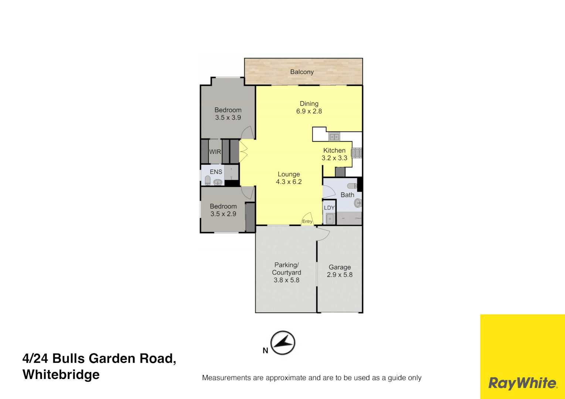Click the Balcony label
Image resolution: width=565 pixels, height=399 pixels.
tap(302, 72)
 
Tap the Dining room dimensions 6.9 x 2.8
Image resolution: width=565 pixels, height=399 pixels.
tap(309, 111)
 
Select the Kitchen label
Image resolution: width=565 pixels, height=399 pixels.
tap(334, 150)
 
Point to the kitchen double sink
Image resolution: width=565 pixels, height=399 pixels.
tap(334, 137)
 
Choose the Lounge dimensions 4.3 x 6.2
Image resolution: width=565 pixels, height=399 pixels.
tap(289, 182)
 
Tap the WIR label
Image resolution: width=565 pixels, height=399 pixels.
tap(215, 152)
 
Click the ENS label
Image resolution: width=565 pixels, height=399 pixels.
tap(216, 172)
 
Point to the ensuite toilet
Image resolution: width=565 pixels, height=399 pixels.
tap(208, 181)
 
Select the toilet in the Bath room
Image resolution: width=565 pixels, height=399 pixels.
tap(352, 186)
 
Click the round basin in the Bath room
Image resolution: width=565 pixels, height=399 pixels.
tap(358, 203)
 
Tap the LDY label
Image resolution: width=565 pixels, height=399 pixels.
tap(329, 208)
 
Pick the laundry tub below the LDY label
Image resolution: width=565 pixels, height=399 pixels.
tap(330, 219)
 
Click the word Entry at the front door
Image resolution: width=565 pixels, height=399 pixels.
tap(307, 222)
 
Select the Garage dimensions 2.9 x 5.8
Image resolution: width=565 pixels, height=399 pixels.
tap(340, 275)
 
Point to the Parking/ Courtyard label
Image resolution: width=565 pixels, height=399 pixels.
tap(286, 269)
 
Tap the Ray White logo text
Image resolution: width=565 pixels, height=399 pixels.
tap(523, 383)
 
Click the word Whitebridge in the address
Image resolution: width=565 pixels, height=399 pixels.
tap(61, 375)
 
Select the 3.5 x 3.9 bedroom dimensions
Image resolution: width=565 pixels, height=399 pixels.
tap(228, 117)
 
